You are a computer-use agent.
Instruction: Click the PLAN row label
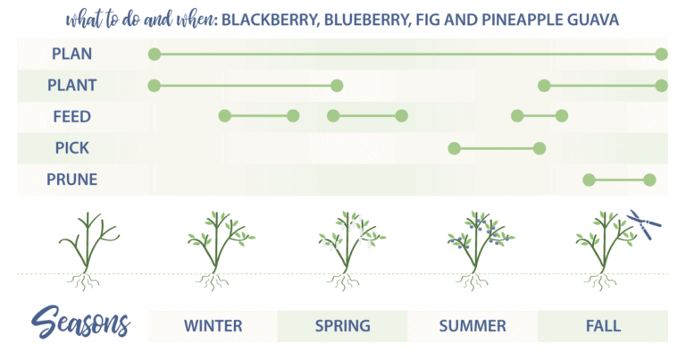[x=71, y=54]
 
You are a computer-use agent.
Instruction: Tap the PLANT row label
[x=71, y=86]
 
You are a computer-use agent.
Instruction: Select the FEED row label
[x=71, y=117]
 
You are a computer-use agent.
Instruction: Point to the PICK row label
[x=71, y=148]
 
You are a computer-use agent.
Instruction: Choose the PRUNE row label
[x=71, y=180]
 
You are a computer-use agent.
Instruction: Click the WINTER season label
[x=213, y=326]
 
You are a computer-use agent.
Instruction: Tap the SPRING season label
[x=342, y=326]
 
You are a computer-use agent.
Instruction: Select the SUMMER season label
[x=473, y=326]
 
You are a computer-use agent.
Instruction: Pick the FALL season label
[x=603, y=326]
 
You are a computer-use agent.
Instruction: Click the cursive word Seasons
[x=81, y=323]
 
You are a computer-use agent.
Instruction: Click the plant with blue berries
[x=473, y=246]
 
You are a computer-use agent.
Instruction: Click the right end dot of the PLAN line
[x=661, y=54]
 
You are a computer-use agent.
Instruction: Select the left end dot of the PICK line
[x=454, y=148]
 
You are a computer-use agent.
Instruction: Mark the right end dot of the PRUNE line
[x=649, y=180]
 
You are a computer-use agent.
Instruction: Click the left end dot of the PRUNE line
[x=589, y=180]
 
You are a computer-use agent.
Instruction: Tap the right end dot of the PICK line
[x=539, y=148]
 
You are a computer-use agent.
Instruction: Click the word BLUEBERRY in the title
[x=359, y=20]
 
